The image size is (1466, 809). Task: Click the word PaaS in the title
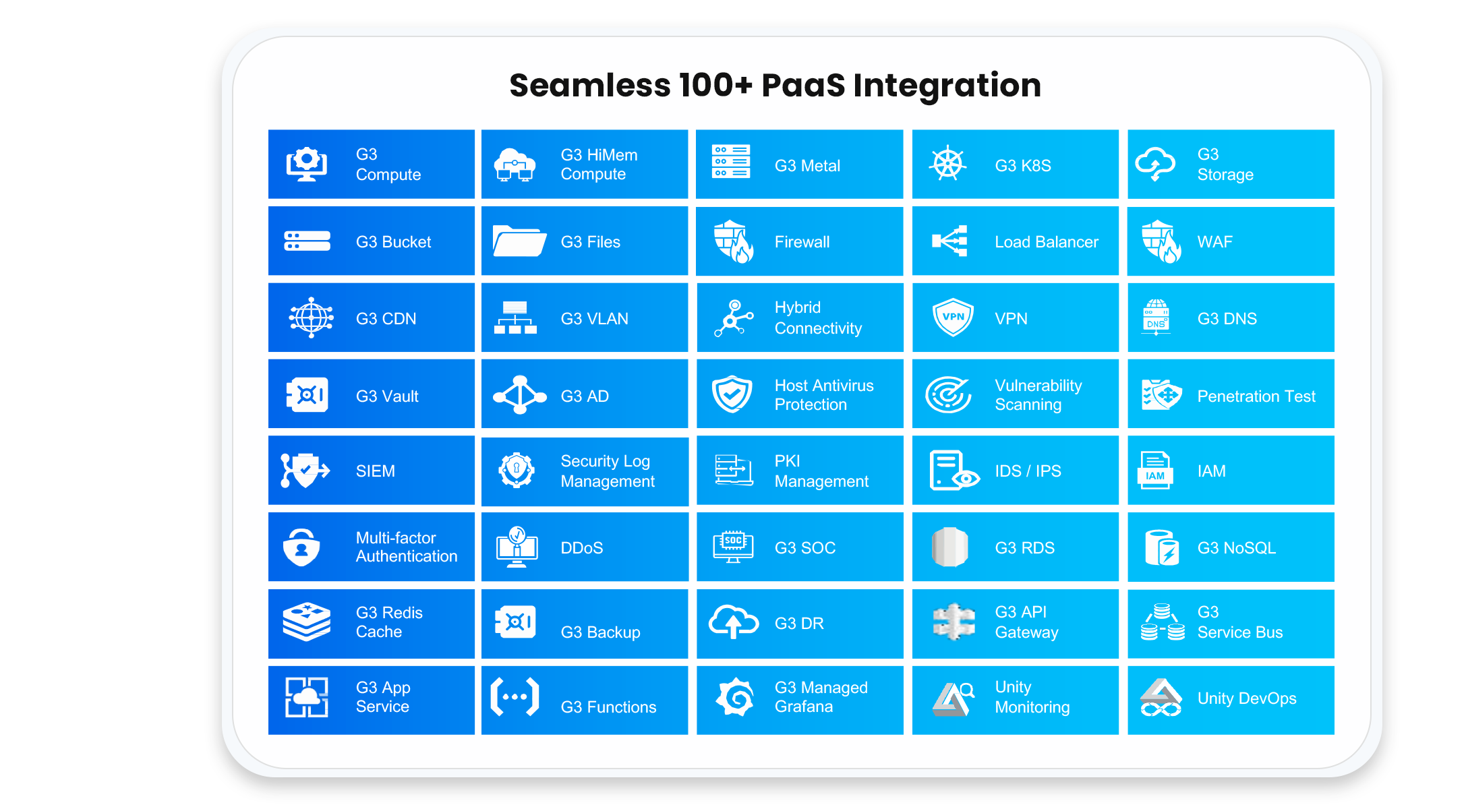pyautogui.click(x=803, y=86)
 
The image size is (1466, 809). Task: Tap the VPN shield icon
pyautogui.click(x=953, y=317)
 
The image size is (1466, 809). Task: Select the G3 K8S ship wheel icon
pyautogui.click(x=948, y=164)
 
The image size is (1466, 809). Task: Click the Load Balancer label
pyautogui.click(x=1047, y=242)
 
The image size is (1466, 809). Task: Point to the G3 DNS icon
pyautogui.click(x=1156, y=317)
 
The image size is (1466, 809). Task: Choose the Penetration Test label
pyautogui.click(x=1256, y=396)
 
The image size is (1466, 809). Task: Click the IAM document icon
pyautogui.click(x=1155, y=470)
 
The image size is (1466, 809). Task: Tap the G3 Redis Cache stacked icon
pyautogui.click(x=307, y=622)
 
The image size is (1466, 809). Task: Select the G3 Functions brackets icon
pyautogui.click(x=515, y=696)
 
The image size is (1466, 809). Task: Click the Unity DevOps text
pyautogui.click(x=1247, y=698)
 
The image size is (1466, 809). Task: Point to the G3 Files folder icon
pyautogui.click(x=519, y=241)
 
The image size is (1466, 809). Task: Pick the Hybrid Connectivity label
pyautogui.click(x=818, y=318)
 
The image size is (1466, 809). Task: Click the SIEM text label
pyautogui.click(x=376, y=471)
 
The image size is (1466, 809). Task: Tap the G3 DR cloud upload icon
pyautogui.click(x=734, y=622)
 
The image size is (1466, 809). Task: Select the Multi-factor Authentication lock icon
pyautogui.click(x=301, y=547)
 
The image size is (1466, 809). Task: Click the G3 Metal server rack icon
pyautogui.click(x=731, y=162)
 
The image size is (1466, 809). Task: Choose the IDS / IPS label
pyautogui.click(x=1028, y=471)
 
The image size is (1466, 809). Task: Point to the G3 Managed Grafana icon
pyautogui.click(x=735, y=697)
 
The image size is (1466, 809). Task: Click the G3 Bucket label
pyautogui.click(x=393, y=242)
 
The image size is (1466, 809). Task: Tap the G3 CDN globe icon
pyautogui.click(x=311, y=317)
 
